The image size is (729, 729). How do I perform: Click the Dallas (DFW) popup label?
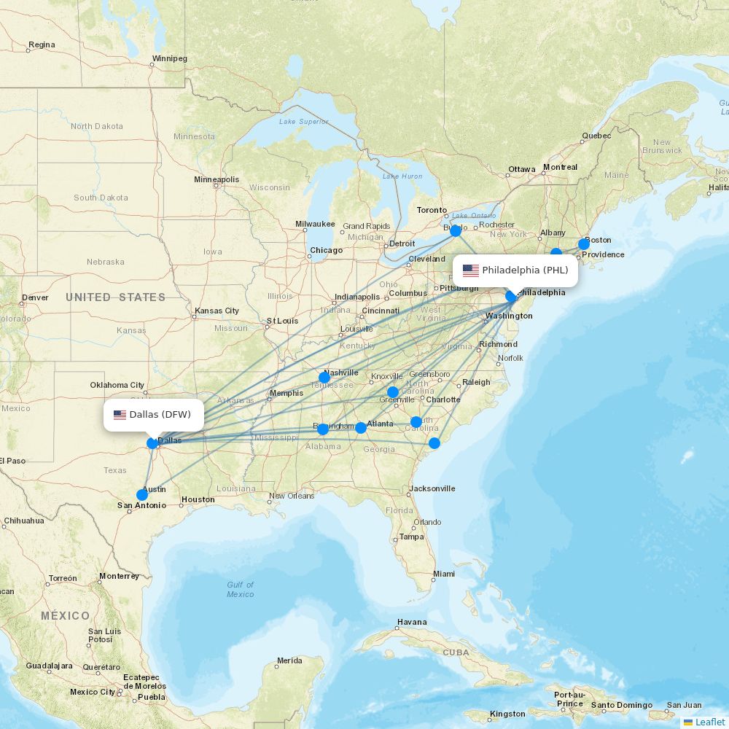tap(154, 415)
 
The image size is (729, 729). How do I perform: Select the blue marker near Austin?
tap(142, 495)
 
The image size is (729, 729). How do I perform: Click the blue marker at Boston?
tap(584, 244)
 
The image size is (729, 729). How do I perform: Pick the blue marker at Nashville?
tap(324, 378)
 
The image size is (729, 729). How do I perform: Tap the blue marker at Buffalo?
tap(456, 231)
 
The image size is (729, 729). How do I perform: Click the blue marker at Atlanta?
tap(361, 428)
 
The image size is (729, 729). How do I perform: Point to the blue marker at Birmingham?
tap(323, 429)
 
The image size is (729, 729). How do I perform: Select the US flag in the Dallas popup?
tap(120, 415)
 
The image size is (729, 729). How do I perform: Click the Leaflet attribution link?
tap(709, 722)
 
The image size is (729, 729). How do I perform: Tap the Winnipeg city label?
tap(169, 58)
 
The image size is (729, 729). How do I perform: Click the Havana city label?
tap(412, 623)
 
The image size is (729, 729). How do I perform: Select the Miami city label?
tap(443, 574)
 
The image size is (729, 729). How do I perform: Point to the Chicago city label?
tap(326, 250)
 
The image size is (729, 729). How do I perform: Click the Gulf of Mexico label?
tap(240, 589)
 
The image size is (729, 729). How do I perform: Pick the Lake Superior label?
tap(303, 121)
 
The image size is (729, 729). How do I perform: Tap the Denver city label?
tap(35, 297)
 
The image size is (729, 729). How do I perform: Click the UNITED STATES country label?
tap(115, 297)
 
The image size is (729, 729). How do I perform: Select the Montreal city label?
tap(560, 167)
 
